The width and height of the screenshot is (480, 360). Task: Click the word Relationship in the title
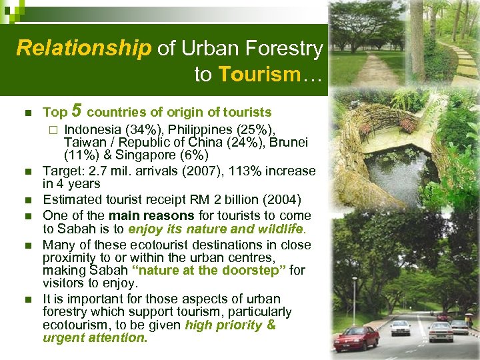tap(84, 49)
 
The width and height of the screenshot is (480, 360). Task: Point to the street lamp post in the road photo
tap(354, 300)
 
